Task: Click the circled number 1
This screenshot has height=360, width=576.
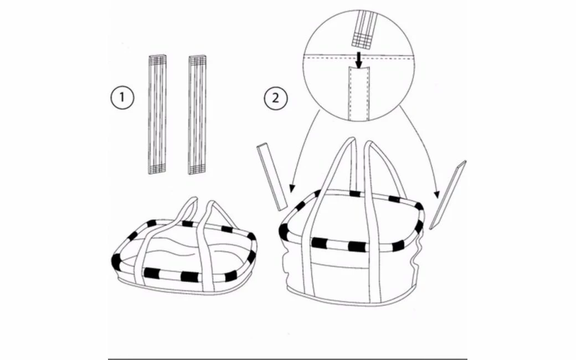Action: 121,99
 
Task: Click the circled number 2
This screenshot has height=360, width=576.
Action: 275,99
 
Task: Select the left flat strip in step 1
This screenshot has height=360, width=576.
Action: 157,114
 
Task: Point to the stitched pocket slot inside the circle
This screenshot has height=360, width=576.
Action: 359,91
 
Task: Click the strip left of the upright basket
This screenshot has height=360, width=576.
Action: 271,175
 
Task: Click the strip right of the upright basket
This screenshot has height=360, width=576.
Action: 448,196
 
